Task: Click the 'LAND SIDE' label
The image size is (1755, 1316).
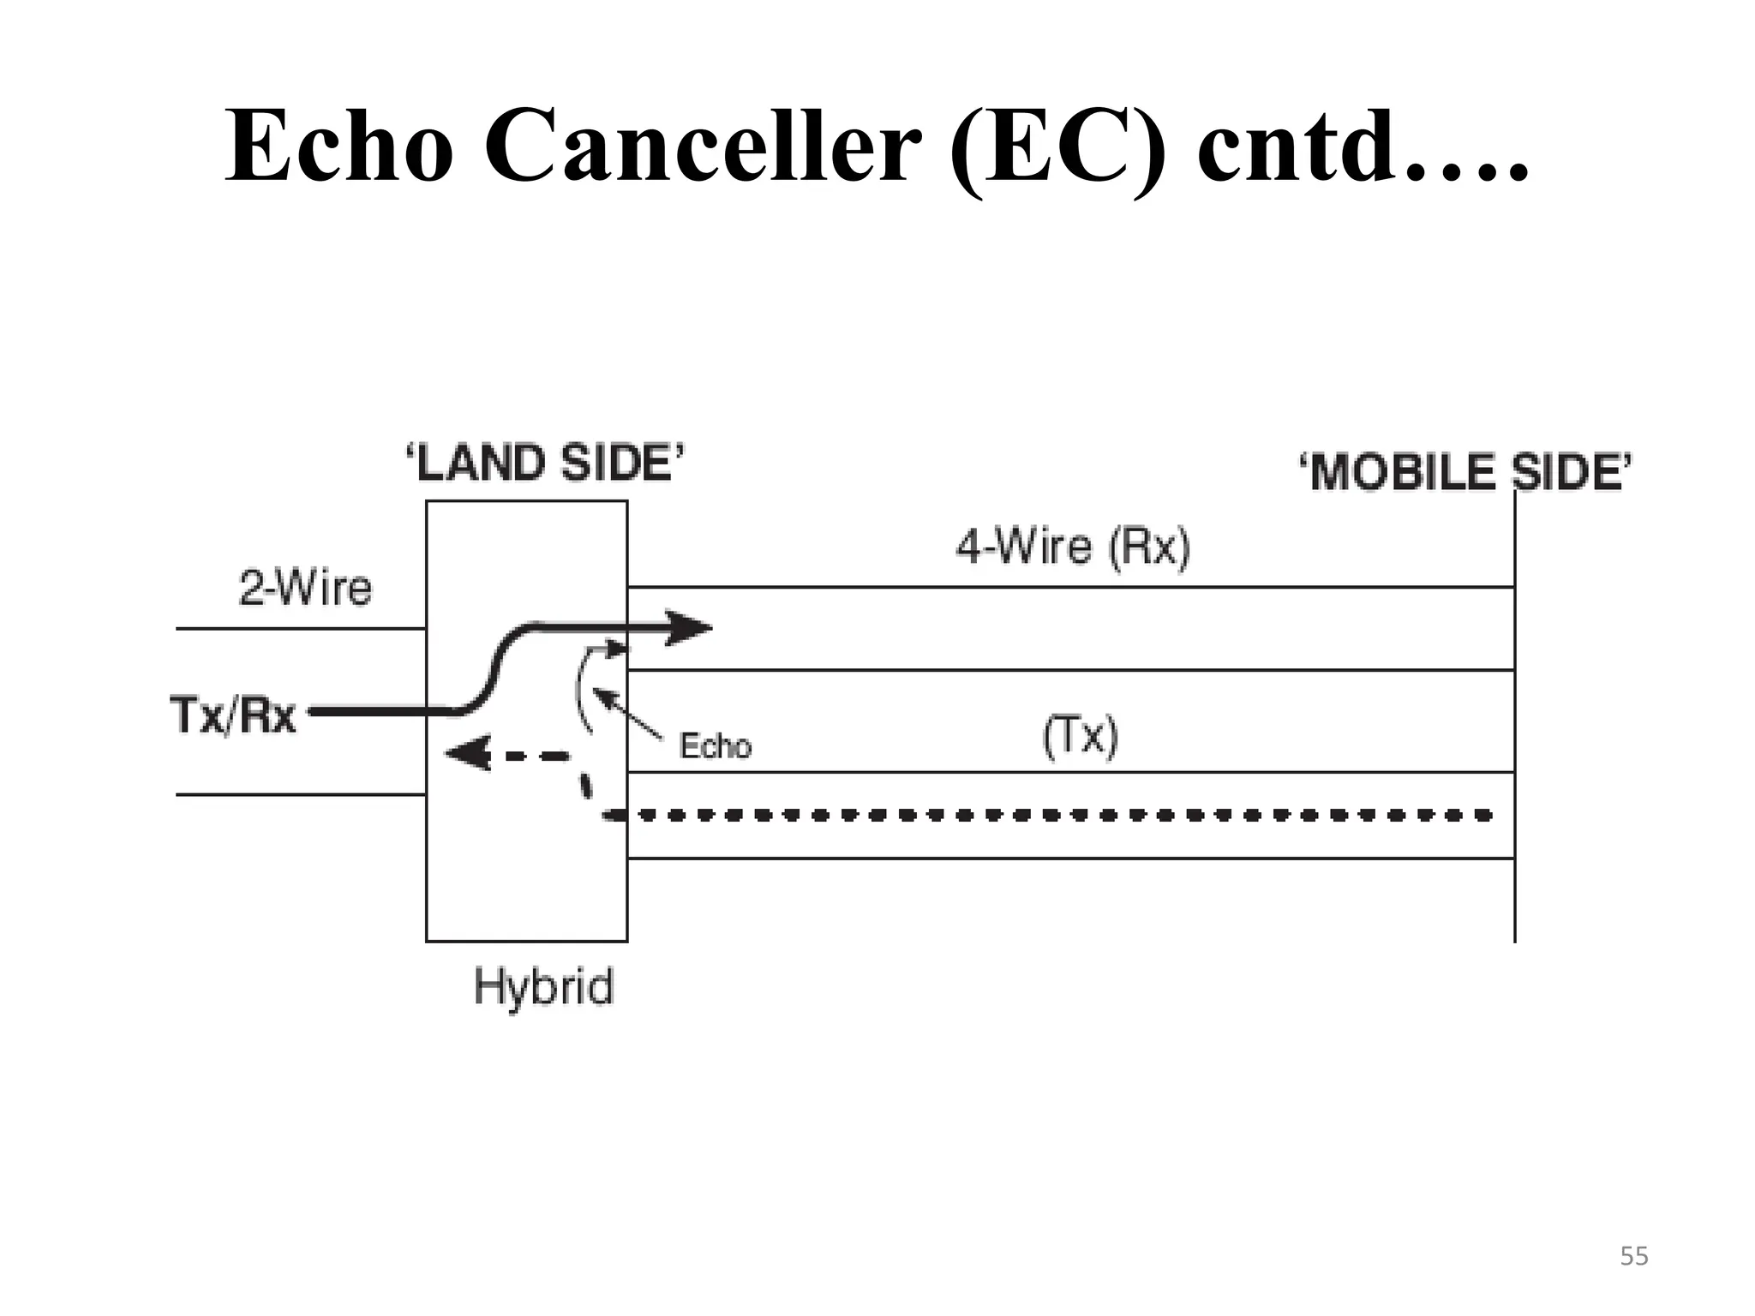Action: (545, 464)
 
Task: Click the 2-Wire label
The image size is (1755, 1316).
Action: (305, 589)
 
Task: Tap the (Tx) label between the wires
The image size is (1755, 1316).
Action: (1081, 737)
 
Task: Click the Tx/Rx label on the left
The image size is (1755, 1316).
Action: (233, 715)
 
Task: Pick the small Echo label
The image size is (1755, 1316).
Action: (715, 746)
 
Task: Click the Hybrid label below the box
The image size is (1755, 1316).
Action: (543, 986)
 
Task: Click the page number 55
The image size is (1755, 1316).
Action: (1633, 1257)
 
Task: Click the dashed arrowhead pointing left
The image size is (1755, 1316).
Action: (469, 755)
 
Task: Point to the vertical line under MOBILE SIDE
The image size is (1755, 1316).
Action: (1514, 728)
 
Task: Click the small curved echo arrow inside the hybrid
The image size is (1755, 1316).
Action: (585, 685)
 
